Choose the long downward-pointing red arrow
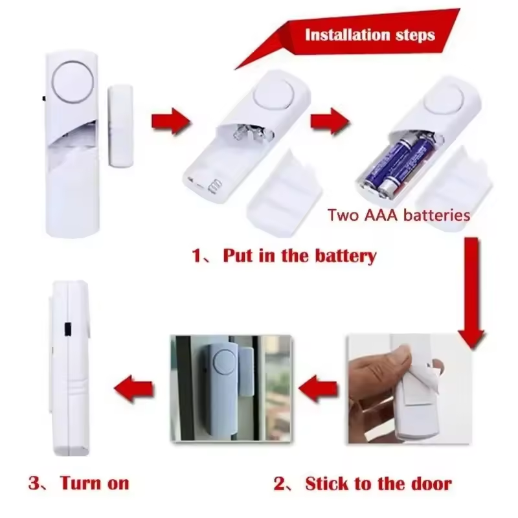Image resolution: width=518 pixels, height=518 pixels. point(471,291)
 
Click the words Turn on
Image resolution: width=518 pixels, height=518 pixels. point(95,482)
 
